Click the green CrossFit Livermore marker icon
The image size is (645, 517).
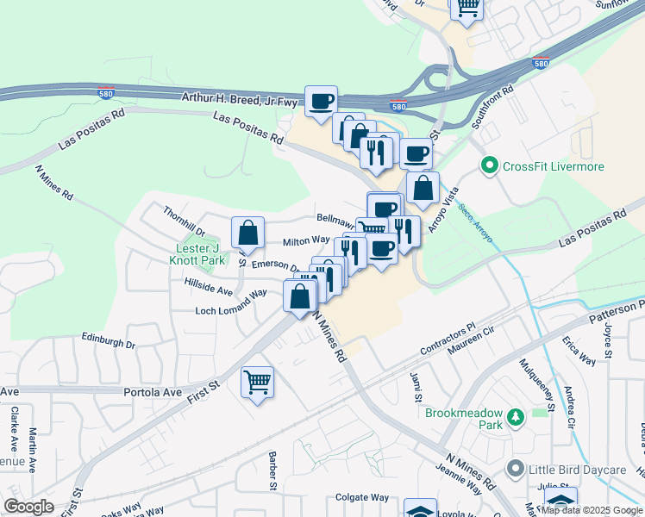pyautogui.click(x=490, y=165)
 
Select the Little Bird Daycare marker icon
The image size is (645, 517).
pyautogui.click(x=516, y=469)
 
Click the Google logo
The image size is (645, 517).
pyautogui.click(x=28, y=507)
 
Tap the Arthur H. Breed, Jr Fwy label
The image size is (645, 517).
pyautogui.click(x=239, y=100)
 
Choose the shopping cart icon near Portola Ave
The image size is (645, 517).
pyautogui.click(x=258, y=381)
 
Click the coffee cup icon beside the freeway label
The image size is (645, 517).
pyautogui.click(x=322, y=101)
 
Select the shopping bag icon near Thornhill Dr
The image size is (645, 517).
pyautogui.click(x=247, y=232)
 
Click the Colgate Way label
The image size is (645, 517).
pyautogui.click(x=362, y=497)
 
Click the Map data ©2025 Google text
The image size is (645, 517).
pyautogui.click(x=591, y=510)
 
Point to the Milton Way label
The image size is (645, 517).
pyautogui.click(x=306, y=240)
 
